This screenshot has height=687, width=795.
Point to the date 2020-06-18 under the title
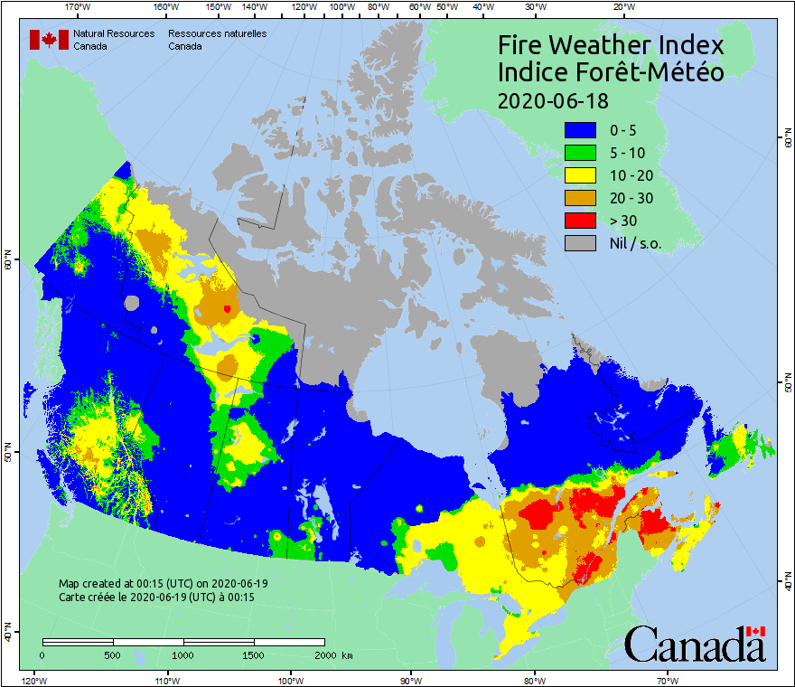(x=553, y=99)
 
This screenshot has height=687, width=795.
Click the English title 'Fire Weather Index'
(x=611, y=45)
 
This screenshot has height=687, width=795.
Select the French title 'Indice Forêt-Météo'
(x=611, y=72)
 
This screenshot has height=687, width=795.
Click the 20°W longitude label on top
(x=622, y=7)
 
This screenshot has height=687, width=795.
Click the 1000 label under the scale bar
(x=183, y=654)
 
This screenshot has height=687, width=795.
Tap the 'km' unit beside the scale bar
(x=347, y=654)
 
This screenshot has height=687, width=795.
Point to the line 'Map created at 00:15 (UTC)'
(x=163, y=584)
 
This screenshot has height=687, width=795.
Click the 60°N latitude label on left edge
(x=7, y=264)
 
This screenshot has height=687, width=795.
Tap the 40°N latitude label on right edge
(x=788, y=582)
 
